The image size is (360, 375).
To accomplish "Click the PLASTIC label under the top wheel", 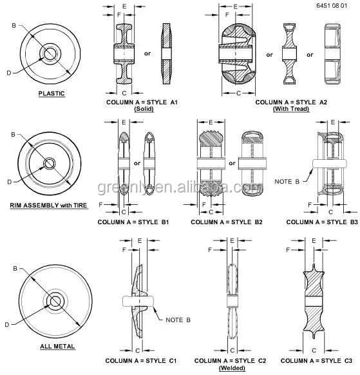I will click(x=51, y=93).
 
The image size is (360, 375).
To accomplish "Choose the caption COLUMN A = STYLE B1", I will click(x=133, y=222).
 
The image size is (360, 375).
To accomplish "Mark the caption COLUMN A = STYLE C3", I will click(x=317, y=360).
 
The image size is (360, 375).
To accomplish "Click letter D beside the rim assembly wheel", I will click(x=9, y=182).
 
